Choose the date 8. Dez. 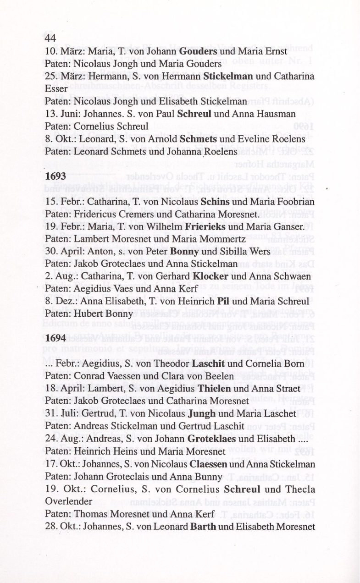click(61, 301)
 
